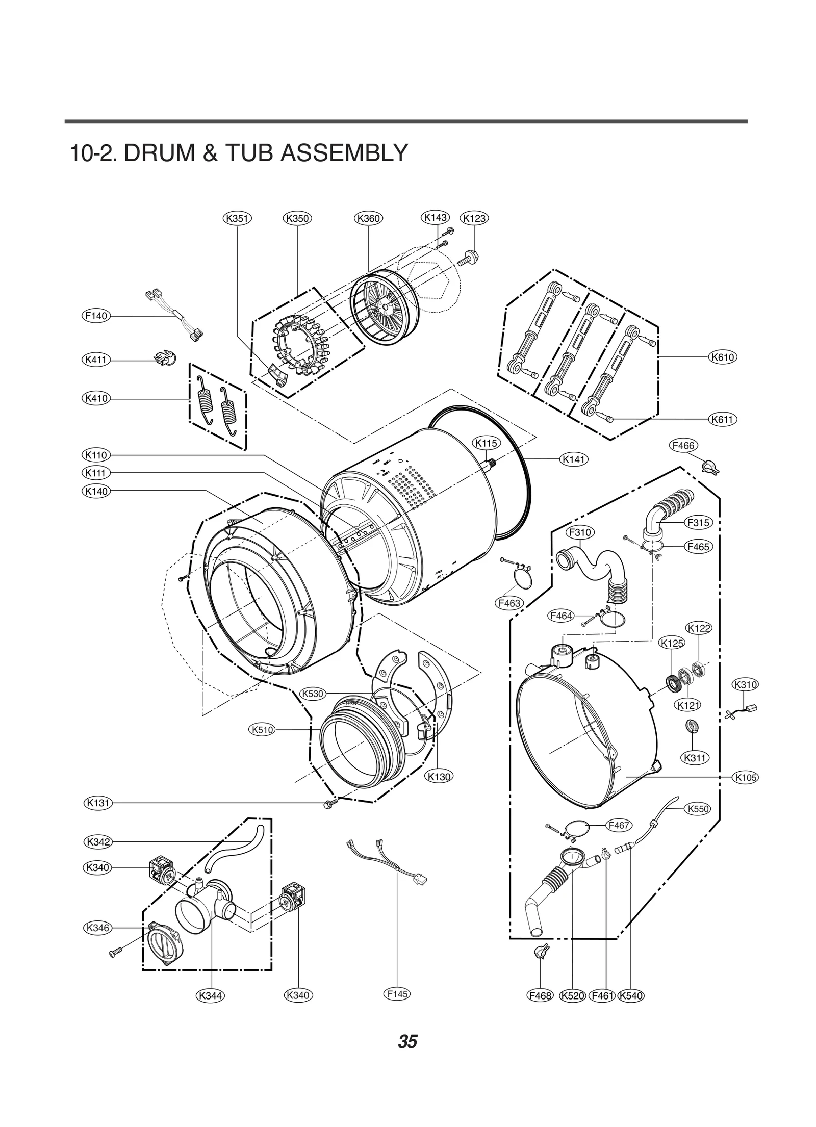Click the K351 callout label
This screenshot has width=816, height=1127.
point(237,219)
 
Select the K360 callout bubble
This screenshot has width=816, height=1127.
point(368,219)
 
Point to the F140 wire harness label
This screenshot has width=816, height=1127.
point(96,316)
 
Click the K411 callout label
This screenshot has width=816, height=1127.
point(96,360)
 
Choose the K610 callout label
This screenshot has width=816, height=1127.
point(723,357)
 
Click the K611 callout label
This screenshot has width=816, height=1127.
point(723,420)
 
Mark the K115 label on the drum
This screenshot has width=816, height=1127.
point(486,443)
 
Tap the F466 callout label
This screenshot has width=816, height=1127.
point(683,445)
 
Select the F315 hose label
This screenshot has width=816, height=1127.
point(698,523)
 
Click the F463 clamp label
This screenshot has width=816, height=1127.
point(509,603)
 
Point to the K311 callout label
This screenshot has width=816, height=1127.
point(695,758)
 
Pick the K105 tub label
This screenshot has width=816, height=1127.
point(745,778)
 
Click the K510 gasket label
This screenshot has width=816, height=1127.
point(263,730)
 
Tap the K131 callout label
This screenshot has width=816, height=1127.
point(98,803)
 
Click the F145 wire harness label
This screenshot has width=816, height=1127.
point(397,994)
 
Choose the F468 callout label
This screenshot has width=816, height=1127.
point(540,995)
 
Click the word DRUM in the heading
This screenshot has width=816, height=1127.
point(160,153)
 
